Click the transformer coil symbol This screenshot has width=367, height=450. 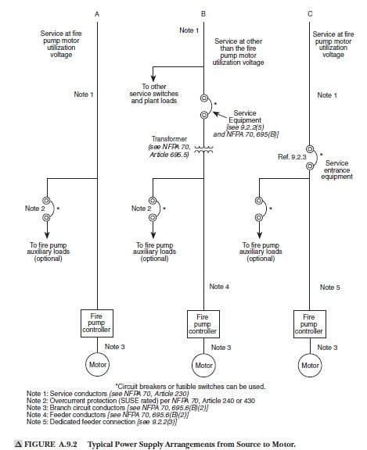pos(203,149)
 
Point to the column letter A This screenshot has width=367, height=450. pos(97,14)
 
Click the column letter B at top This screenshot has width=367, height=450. pos(203,14)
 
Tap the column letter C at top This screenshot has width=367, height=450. pos(310,14)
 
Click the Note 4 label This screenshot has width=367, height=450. pos(219,287)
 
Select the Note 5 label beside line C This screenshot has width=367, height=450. pos(330,287)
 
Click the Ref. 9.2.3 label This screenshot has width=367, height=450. pos(292,157)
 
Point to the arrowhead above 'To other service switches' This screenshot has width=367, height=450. pos(153,78)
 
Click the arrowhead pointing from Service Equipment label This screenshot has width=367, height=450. pos(216,114)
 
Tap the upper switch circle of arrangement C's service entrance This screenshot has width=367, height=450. pos(310,149)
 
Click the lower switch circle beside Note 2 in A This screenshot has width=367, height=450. pos(46,218)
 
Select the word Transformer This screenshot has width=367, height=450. pos(169,139)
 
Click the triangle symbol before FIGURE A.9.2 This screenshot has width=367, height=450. pos(18,444)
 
